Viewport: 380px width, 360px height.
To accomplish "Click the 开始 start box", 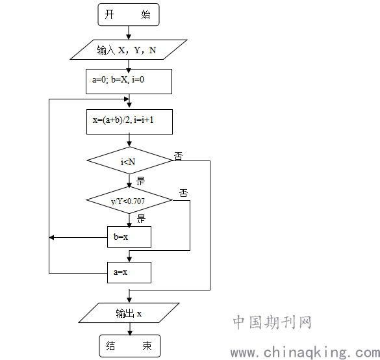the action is coord(129,14).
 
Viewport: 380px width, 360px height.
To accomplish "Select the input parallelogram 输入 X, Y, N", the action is coord(129,49).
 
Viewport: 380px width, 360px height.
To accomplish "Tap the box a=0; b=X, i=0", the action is coord(129,81).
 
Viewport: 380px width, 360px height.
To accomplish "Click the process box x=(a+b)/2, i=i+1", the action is coord(129,122).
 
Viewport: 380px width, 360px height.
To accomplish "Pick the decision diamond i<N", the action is coord(129,161).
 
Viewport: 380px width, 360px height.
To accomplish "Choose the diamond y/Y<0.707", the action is coord(129,200).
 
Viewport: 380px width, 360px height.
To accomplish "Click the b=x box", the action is coord(129,237).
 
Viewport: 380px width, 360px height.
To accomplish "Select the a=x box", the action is coord(129,272).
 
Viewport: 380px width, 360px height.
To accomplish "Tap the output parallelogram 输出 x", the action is coord(129,313).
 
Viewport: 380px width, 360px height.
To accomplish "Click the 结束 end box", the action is coord(130,346).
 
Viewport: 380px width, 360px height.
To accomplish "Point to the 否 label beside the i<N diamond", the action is coord(178,156).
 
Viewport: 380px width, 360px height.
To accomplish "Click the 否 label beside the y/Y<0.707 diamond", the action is coord(183,193).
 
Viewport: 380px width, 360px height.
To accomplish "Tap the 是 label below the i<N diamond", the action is coord(140,181).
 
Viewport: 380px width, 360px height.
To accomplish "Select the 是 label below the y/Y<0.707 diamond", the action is coord(141,218).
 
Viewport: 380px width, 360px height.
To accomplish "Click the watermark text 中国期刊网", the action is coord(272,322).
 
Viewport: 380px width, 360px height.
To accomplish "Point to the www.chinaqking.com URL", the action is coord(305,352).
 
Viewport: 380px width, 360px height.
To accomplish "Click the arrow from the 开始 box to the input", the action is coord(129,32).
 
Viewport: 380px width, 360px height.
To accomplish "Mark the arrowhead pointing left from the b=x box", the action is coord(51,237).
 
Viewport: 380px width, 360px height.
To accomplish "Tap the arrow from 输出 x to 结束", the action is coord(130,329).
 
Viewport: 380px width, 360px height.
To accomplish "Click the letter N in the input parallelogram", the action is coord(153,50).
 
